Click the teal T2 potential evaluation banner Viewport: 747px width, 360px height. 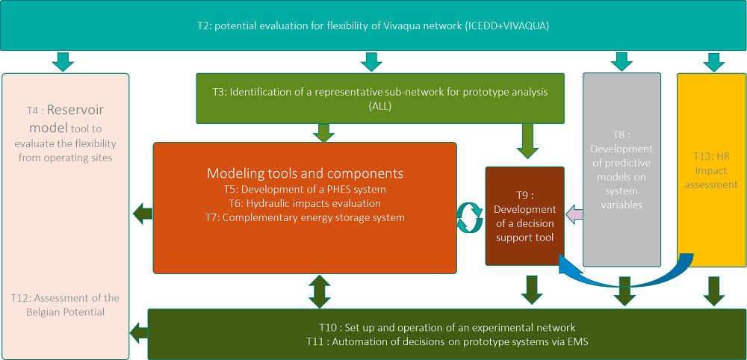(373, 25)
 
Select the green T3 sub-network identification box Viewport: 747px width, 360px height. (380, 98)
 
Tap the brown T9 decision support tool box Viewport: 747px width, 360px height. (524, 216)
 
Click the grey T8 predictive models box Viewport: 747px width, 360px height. (622, 170)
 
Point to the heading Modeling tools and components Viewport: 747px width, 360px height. (305, 173)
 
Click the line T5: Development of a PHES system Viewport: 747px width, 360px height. (305, 190)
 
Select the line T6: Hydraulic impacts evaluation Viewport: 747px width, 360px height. (305, 204)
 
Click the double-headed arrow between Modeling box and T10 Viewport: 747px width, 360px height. (320, 291)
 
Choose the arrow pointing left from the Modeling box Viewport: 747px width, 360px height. (143, 214)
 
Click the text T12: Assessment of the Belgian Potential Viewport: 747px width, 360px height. (65, 305)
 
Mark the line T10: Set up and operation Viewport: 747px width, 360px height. (447, 328)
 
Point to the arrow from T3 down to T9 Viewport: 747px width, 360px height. (527, 141)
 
